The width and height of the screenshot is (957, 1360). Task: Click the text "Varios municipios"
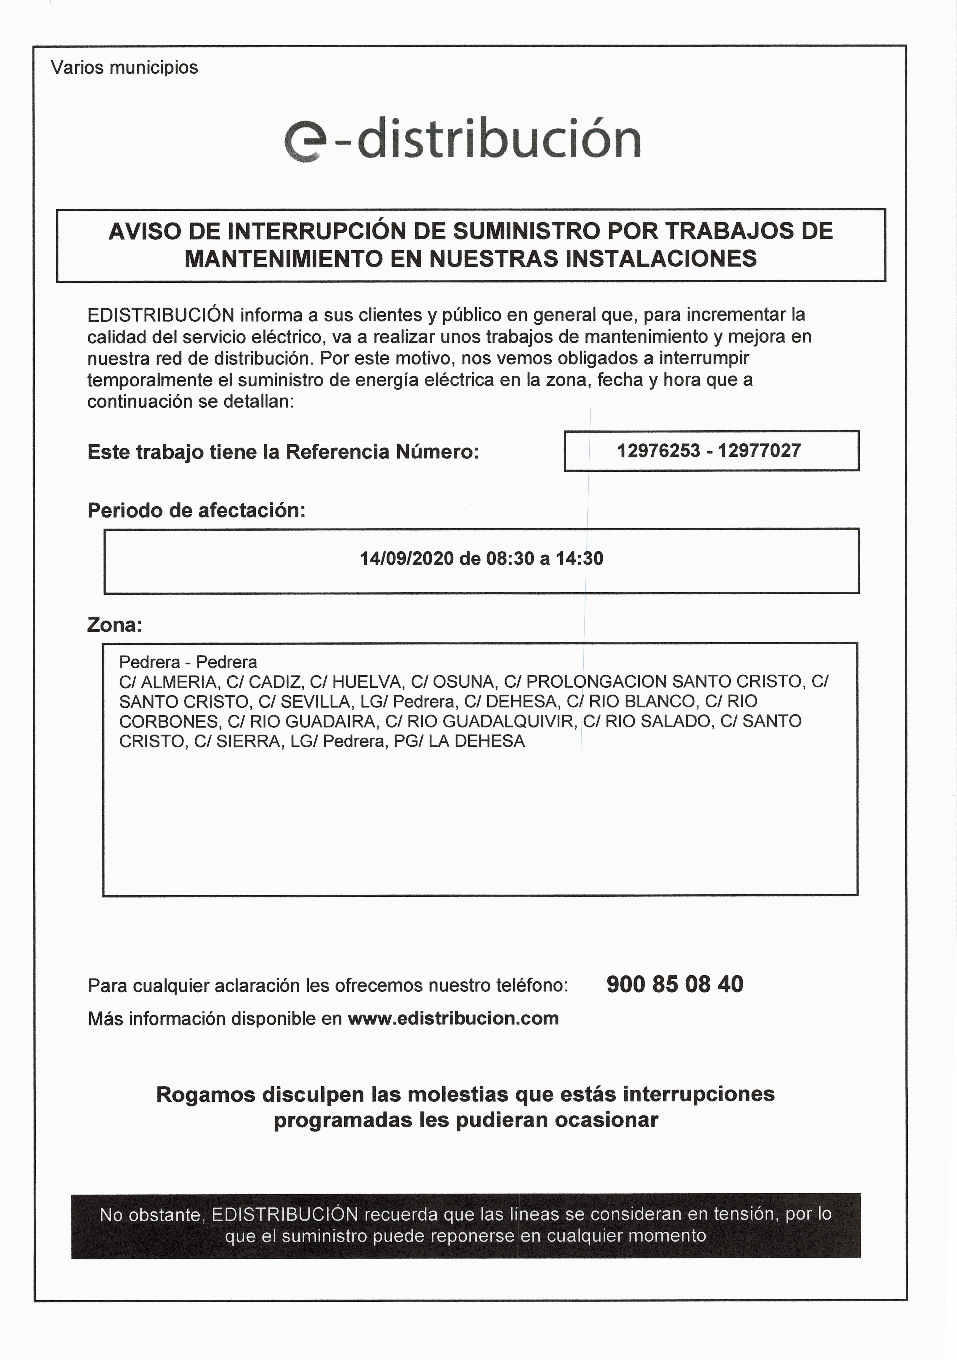[x=124, y=67]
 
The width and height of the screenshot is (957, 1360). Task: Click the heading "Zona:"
[x=114, y=625]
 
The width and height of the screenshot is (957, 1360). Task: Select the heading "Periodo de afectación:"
[x=196, y=510]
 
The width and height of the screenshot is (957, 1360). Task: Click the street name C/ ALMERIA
[x=168, y=682]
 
